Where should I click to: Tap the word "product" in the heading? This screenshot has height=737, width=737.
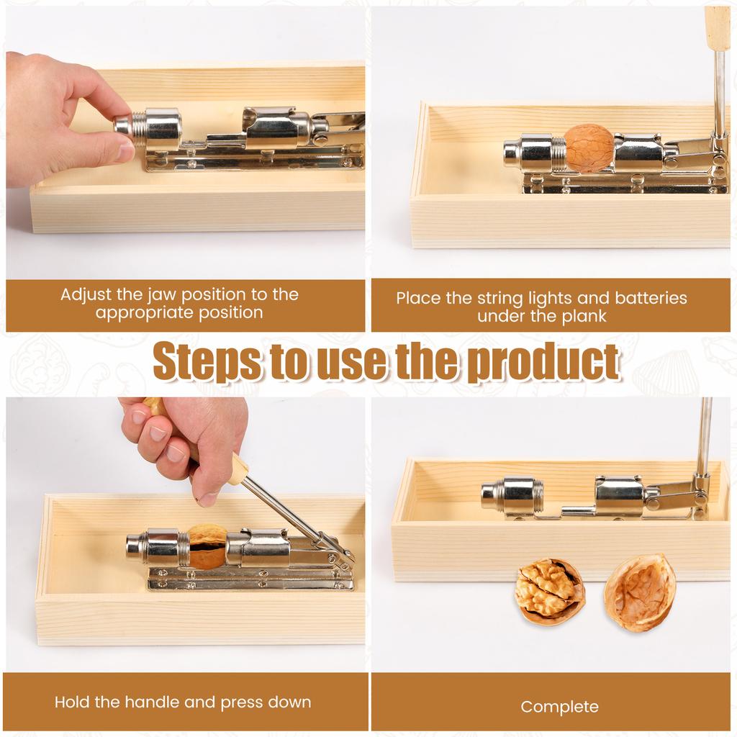pos(541,362)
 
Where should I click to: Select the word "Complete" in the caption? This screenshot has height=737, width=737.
pos(559,707)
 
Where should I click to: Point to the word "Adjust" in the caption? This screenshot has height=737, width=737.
pos(86,294)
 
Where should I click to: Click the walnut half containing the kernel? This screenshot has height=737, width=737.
pos(549,592)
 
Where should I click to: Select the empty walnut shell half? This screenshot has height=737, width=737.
pos(640,592)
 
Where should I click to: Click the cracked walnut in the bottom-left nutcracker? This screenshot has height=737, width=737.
pos(206,547)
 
